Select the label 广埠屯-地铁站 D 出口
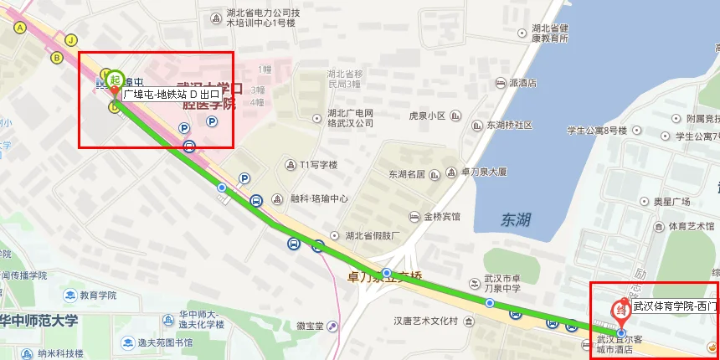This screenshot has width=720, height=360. point(172,95)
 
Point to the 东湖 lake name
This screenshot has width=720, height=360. point(516,219)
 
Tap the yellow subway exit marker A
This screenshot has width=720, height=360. point(19,28)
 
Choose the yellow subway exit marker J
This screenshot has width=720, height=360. point(71,39)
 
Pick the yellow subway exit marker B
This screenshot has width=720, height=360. point(57,58)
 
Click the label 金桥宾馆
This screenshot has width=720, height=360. point(441,216)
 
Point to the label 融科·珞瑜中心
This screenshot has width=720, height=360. point(319,199)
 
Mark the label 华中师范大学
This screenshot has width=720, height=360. point(39,320)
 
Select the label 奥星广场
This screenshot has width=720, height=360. point(671,202)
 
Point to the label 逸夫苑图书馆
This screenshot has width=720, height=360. point(165,342)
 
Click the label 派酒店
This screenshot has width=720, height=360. point(522,84)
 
